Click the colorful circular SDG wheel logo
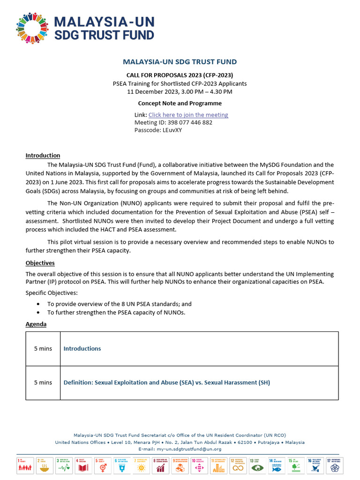tap(32, 28)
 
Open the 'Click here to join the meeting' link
tap(188, 115)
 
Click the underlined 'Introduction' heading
tap(43, 155)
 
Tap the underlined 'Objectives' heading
tap(40, 263)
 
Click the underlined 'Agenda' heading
tap(36, 324)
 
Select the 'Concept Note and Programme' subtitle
tap(180, 103)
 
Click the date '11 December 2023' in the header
tap(152, 91)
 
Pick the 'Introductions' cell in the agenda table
tap(82, 349)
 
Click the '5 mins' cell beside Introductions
tap(43, 349)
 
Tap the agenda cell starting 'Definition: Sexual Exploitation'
tap(166, 382)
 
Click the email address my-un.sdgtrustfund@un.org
tap(189, 449)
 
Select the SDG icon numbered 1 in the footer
tap(25, 465)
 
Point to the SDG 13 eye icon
tap(257, 465)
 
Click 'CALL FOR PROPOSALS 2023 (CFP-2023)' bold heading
tap(180, 75)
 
